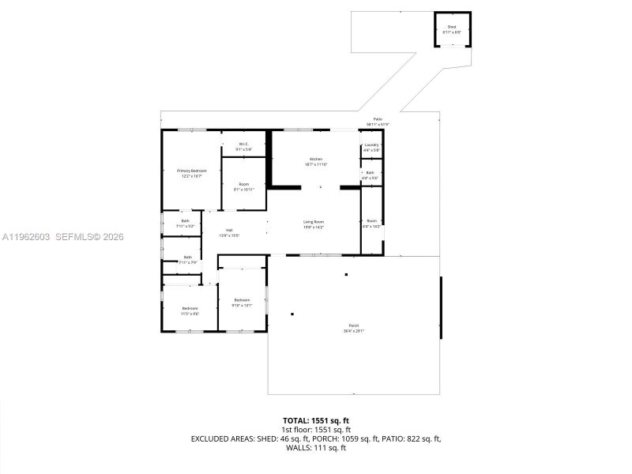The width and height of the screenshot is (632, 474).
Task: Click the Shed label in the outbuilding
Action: (453, 28)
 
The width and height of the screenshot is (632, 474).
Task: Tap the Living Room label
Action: (314, 224)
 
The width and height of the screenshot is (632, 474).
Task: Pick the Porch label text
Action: (353, 328)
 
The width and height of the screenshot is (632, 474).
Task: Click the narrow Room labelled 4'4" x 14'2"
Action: (371, 223)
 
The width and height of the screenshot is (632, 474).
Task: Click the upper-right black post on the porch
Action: (346, 274)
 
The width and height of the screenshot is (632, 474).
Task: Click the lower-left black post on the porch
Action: (292, 314)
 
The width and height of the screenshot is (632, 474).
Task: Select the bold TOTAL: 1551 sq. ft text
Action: (315, 420)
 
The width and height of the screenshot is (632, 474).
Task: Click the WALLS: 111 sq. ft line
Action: (315, 448)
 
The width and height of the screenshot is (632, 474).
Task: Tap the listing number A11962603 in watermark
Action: (26, 236)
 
